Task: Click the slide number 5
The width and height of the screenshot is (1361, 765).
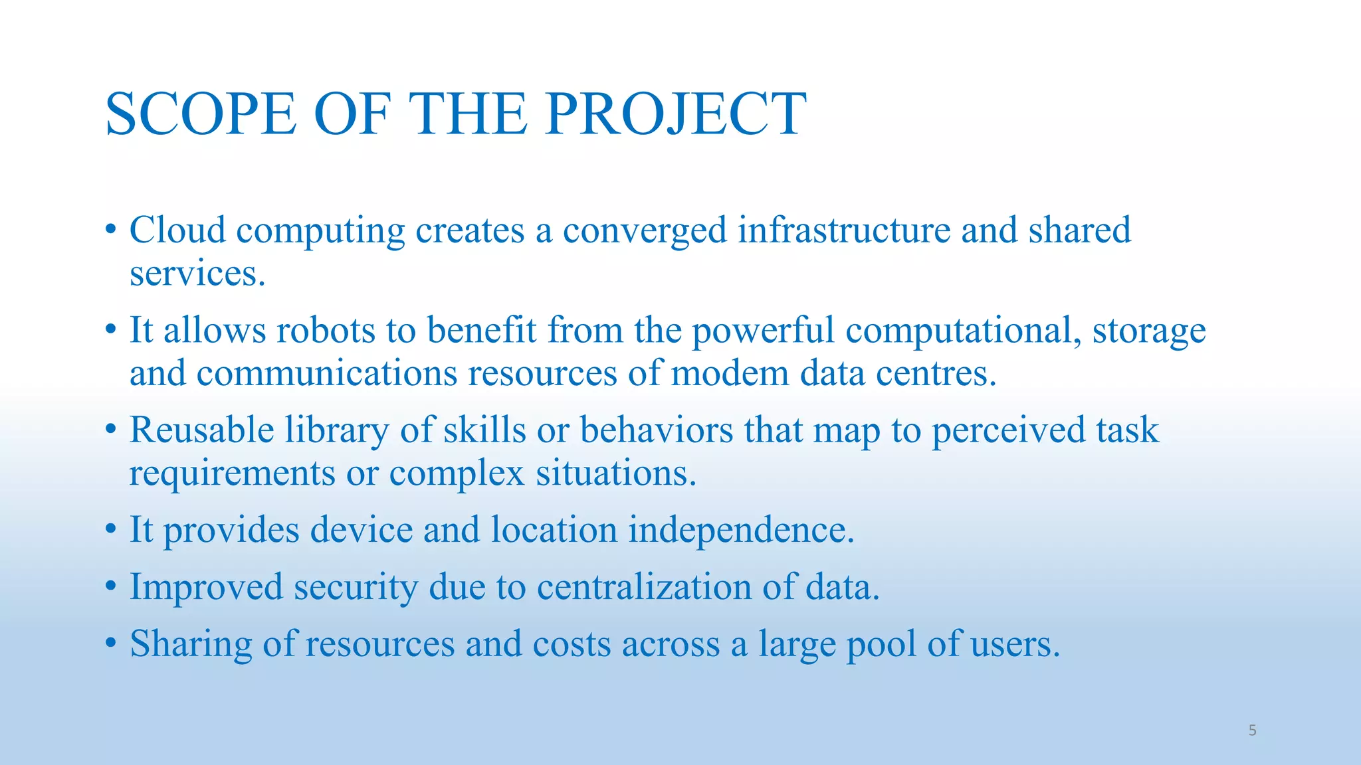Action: (x=1252, y=731)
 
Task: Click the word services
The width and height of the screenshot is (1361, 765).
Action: (x=197, y=274)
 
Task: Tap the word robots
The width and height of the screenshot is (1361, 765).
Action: (x=326, y=330)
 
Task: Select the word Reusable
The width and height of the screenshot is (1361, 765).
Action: (x=201, y=430)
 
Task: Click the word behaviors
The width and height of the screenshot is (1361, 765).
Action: (x=657, y=430)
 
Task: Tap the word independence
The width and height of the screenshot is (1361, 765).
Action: (x=741, y=531)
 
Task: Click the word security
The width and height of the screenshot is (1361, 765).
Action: (x=356, y=588)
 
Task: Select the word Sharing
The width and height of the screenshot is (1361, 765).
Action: (x=191, y=644)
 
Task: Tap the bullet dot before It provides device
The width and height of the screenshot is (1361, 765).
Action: (x=111, y=530)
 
